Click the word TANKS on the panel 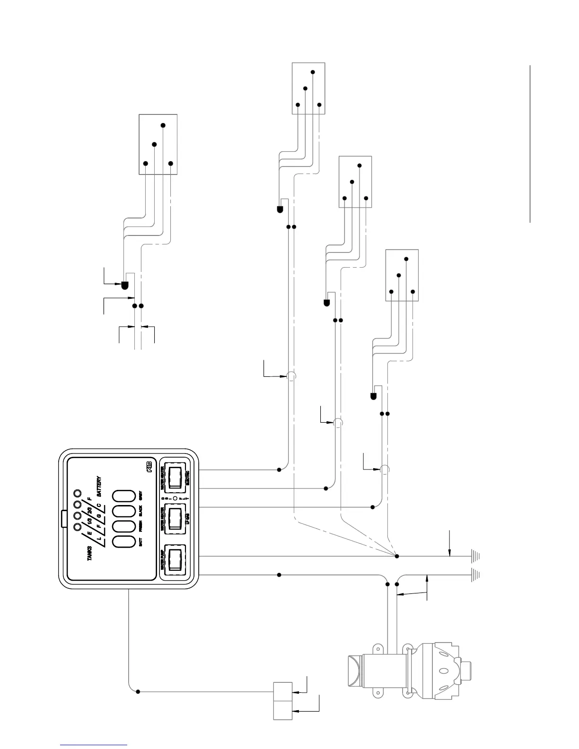[x=90, y=550]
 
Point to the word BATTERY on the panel [x=99, y=486]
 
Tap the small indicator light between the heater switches [x=175, y=498]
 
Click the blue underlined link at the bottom [x=94, y=745]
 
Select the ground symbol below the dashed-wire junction [x=475, y=556]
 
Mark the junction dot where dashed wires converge [x=397, y=556]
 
